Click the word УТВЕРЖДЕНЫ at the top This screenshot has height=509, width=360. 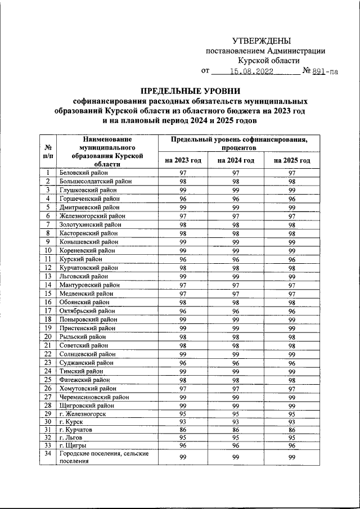[262, 40]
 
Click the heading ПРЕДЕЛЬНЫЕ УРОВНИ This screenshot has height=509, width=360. [191, 91]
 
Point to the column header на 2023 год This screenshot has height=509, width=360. [183, 160]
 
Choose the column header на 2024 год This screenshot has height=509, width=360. [236, 160]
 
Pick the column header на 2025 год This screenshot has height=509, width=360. [292, 160]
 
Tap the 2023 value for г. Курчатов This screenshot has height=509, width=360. [183, 430]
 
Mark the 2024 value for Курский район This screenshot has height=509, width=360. [236, 259]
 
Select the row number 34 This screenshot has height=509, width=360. [48, 454]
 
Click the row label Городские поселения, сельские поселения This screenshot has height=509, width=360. [104, 458]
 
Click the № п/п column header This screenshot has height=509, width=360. [48, 151]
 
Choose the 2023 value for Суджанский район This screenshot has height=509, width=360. [183, 363]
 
